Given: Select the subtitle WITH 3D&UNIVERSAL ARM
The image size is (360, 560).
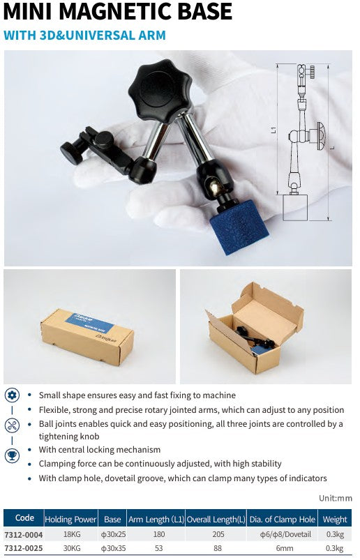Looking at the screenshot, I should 84,35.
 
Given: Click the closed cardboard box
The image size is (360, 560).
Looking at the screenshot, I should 87,337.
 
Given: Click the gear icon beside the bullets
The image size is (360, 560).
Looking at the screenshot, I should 12,395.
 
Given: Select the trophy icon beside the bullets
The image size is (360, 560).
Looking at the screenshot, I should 12,455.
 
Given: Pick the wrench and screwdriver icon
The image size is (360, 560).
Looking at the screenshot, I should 12,425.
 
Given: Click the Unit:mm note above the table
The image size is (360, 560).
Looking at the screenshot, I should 335,498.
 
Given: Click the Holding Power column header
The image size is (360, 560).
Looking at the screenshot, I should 70,520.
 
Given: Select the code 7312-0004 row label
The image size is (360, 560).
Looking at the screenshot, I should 24,535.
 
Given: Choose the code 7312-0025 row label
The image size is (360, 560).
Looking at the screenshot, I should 24,548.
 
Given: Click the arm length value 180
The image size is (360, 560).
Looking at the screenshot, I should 156,535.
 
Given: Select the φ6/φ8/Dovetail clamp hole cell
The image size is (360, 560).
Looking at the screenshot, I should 283,535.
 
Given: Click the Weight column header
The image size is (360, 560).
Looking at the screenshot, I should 335,520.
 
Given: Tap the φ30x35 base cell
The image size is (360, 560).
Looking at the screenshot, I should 112,548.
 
